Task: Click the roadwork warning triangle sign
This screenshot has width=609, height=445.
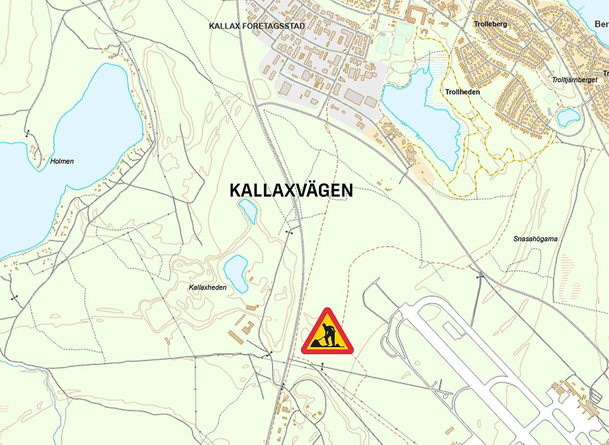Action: pyautogui.click(x=327, y=333)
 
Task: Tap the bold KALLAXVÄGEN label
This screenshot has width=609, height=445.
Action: pyautogui.click(x=291, y=191)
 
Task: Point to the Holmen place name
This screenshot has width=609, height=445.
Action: pyautogui.click(x=62, y=161)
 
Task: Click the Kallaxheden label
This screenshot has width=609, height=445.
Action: pyautogui.click(x=207, y=288)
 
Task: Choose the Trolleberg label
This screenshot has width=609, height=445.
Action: pyautogui.click(x=490, y=24)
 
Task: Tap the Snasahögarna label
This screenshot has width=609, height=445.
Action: pyautogui.click(x=532, y=238)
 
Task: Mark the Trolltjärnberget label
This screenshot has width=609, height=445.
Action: pyautogui.click(x=574, y=80)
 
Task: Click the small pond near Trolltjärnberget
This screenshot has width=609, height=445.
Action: pyautogui.click(x=568, y=117)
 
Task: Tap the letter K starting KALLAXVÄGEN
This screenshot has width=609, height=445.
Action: pyautogui.click(x=235, y=191)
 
